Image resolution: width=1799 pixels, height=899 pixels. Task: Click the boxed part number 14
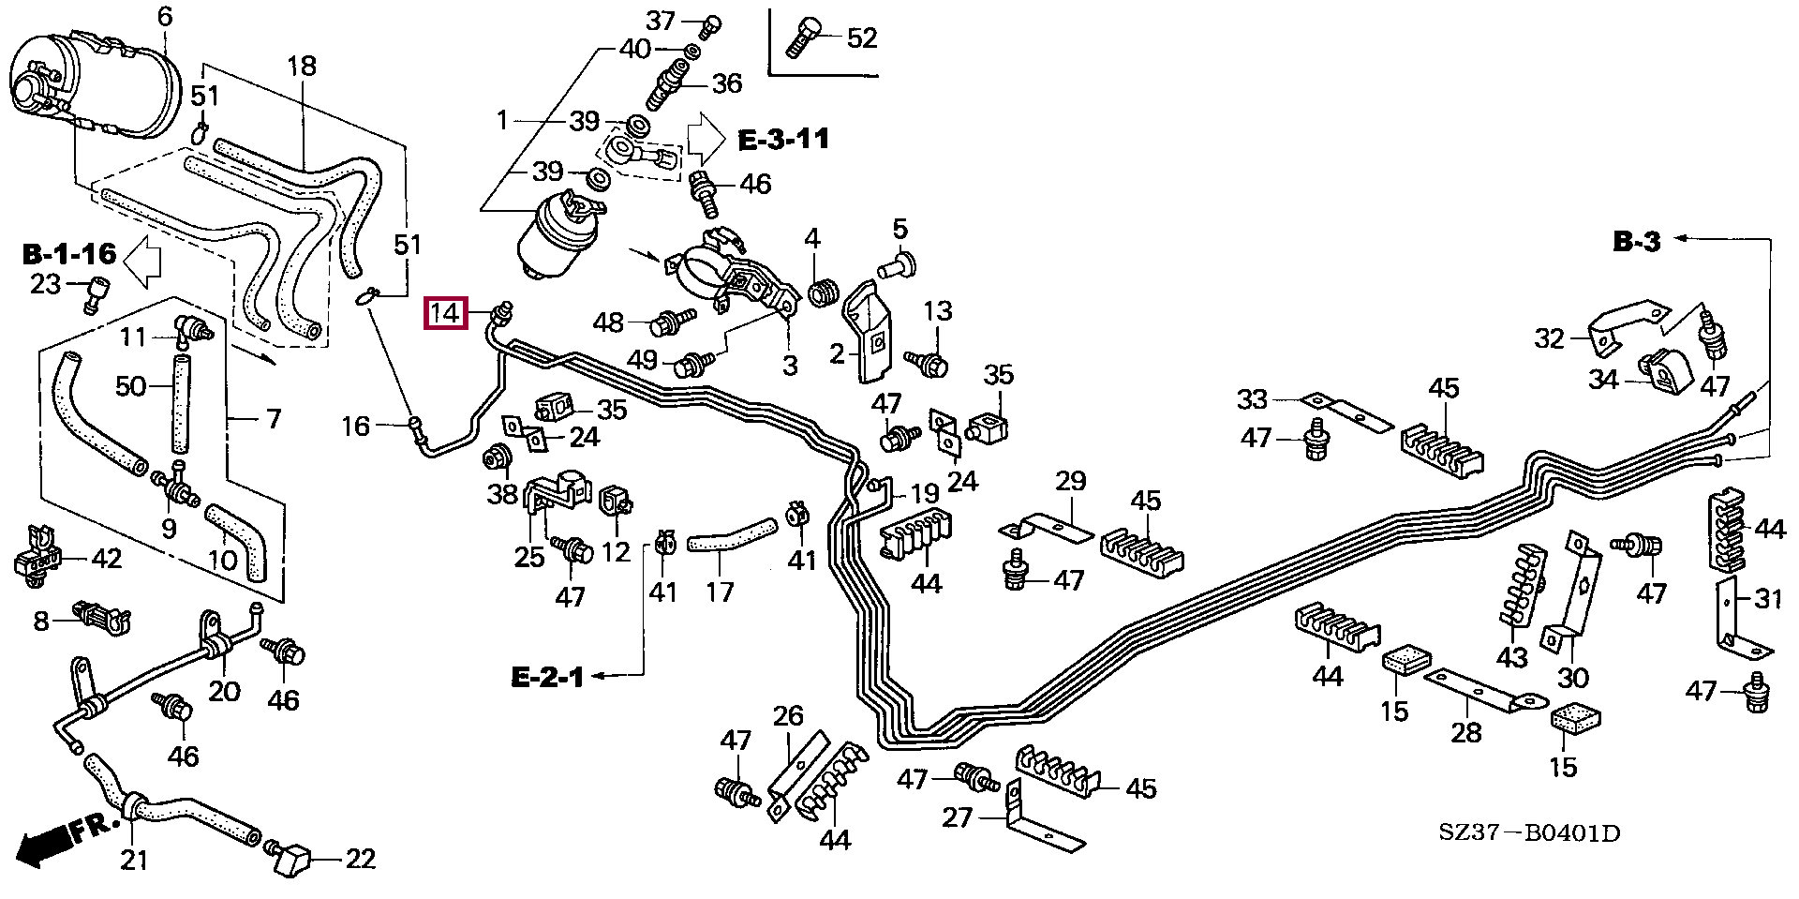coord(446,313)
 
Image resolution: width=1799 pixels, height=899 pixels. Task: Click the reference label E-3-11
coord(783,141)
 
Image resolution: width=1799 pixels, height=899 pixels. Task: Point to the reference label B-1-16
coord(68,253)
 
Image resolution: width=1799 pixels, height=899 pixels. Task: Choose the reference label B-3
coord(1636,242)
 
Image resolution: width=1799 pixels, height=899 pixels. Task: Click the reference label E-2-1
coord(547,676)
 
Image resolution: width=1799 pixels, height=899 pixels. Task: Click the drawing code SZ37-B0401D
coord(1529,832)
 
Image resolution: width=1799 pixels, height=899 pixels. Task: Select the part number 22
coord(360,859)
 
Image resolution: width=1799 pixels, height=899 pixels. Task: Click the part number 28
coord(1466,731)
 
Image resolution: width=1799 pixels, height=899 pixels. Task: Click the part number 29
coord(1070,482)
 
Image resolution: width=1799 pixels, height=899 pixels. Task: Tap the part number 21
coord(135,858)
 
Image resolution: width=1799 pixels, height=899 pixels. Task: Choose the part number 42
coord(106,560)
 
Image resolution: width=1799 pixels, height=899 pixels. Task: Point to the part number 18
coord(302,67)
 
